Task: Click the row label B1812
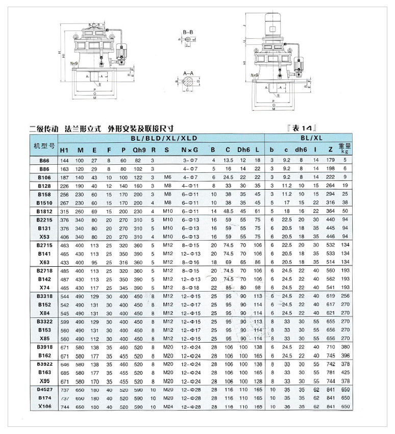coord(45,211)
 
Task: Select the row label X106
coord(44,406)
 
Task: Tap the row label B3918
coord(44,347)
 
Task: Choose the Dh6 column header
coord(243,150)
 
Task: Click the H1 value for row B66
coord(65,161)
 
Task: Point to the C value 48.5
coord(229,211)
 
